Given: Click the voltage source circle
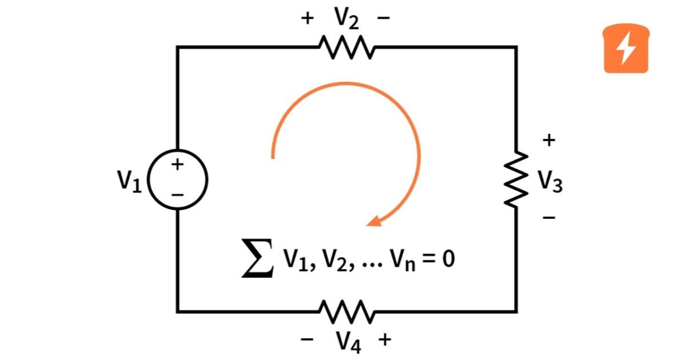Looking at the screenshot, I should [x=178, y=180].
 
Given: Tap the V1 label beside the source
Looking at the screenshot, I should [x=129, y=181].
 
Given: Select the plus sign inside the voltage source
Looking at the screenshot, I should [x=178, y=165].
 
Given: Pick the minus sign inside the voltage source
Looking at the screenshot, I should [x=178, y=195].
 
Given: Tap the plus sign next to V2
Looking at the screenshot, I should [x=308, y=18].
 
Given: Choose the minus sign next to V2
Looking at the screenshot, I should [x=384, y=18].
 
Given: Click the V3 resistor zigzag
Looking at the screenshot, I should [x=517, y=179].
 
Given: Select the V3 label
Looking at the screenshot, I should [x=550, y=181].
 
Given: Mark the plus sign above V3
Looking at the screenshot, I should [x=549, y=140].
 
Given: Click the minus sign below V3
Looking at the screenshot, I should [x=549, y=218].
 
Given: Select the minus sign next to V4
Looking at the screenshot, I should [x=308, y=339].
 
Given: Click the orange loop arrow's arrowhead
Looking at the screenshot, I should [x=374, y=221].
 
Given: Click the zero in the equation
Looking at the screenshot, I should [x=448, y=261].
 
